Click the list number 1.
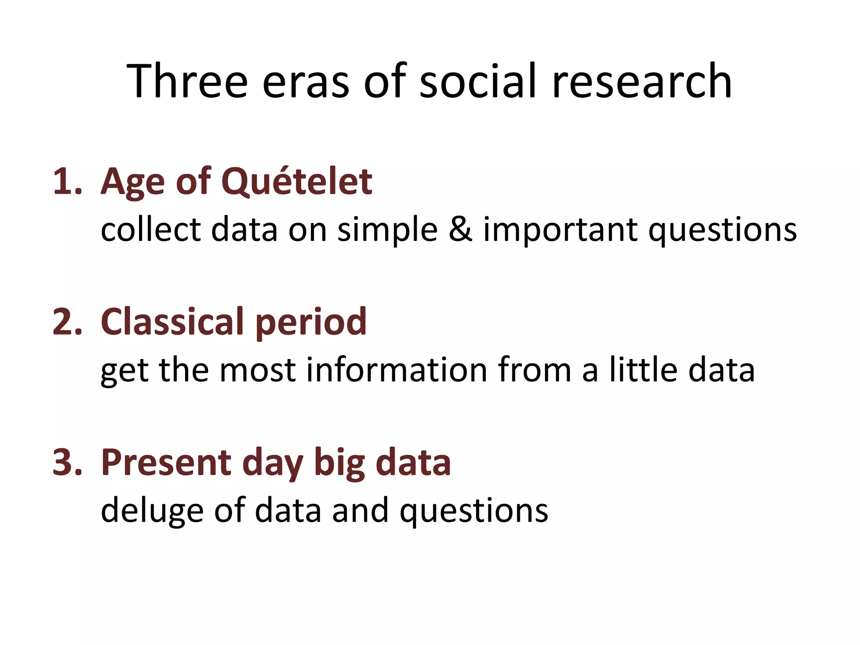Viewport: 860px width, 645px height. pos(67,181)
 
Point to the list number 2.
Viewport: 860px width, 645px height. pos(67,322)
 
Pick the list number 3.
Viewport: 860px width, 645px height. pos(67,462)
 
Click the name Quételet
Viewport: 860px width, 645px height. pos(296,181)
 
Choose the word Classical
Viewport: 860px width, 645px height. pos(173,322)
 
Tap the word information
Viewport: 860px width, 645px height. pos(396,370)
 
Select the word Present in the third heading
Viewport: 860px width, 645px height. pos(166,462)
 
